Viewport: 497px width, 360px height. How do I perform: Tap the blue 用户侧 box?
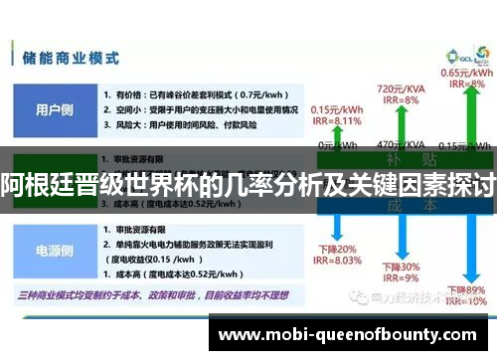pos(53,109)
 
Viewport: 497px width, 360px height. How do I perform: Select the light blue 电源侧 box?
pos(53,253)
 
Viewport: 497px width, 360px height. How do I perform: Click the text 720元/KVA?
pos(402,89)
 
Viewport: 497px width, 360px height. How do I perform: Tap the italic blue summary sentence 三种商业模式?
pos(149,296)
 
